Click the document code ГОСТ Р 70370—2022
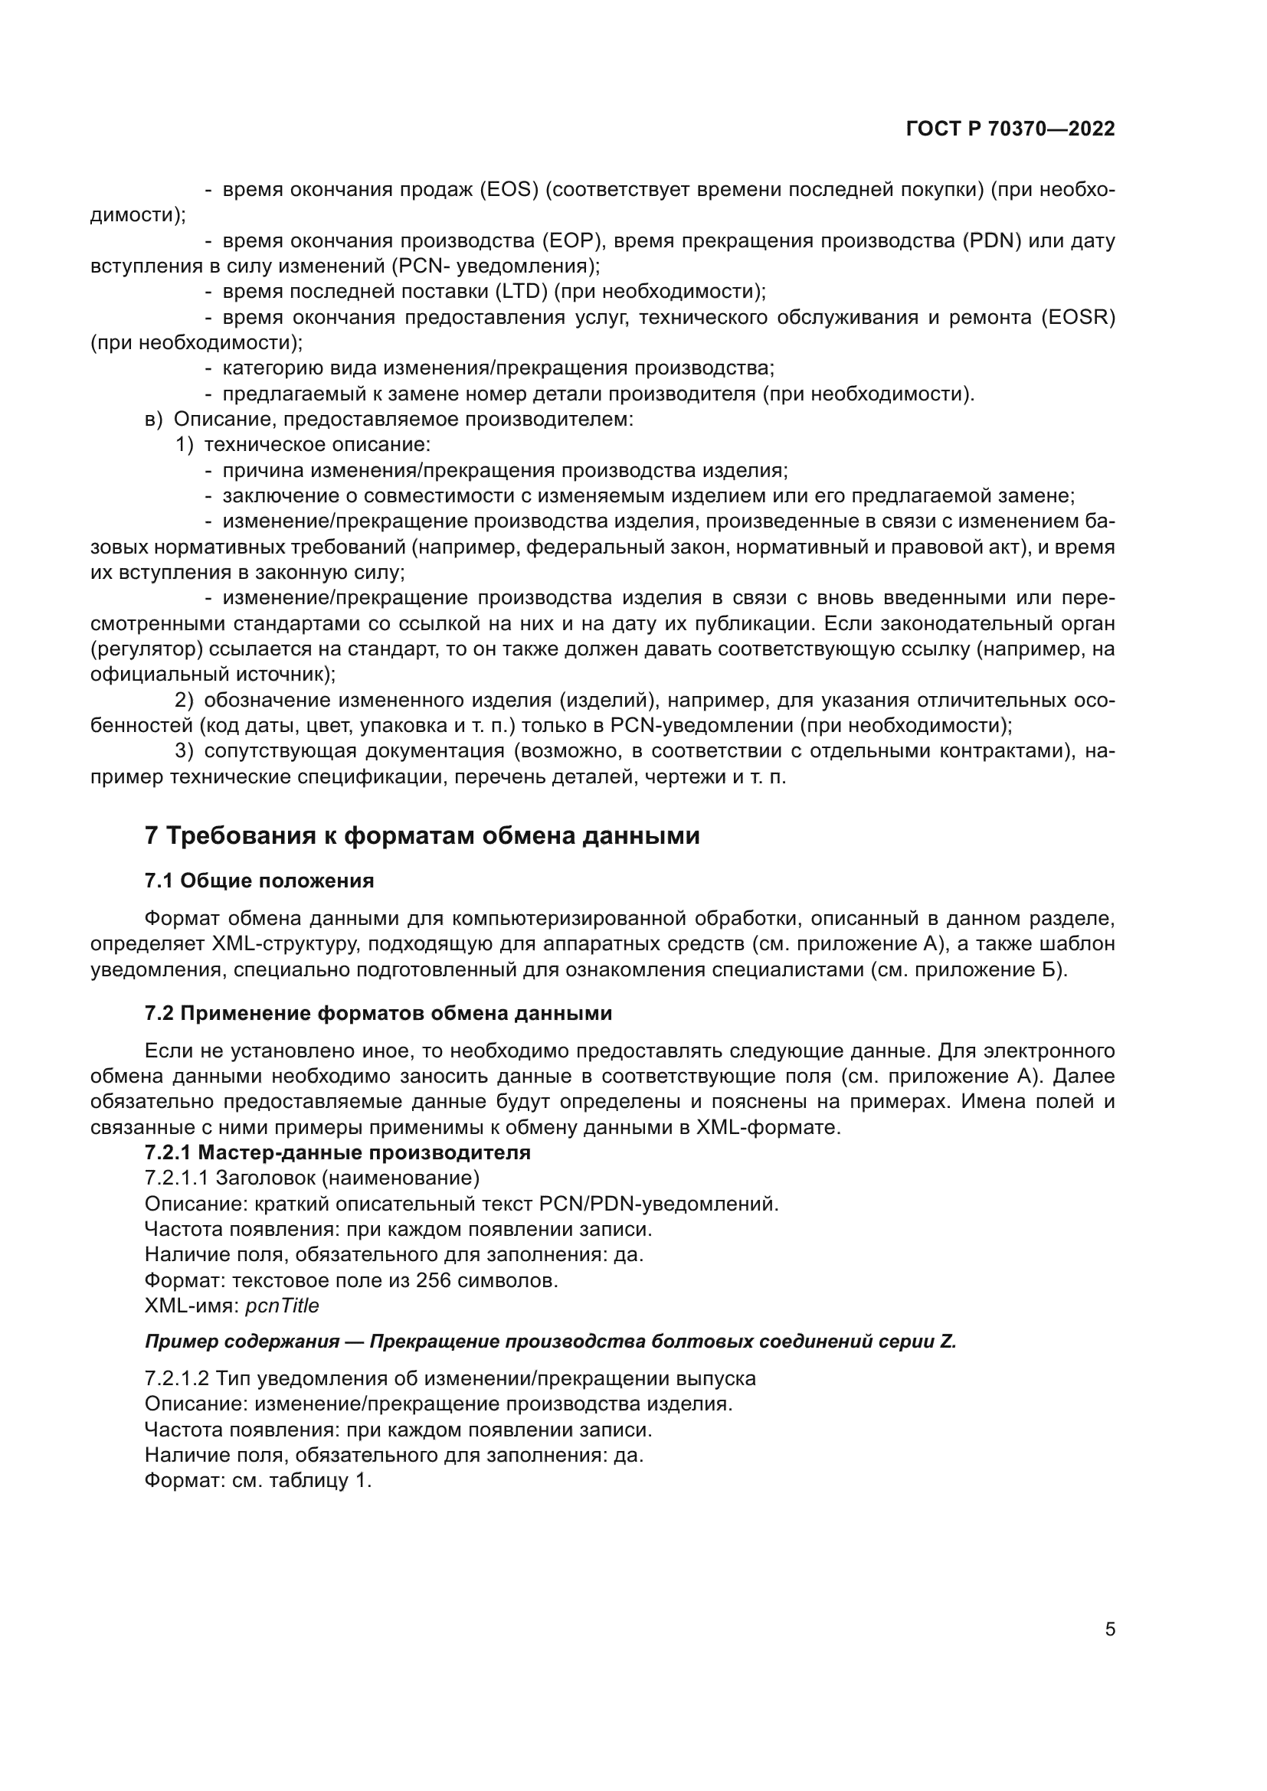click(1010, 129)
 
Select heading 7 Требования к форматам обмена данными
click(422, 835)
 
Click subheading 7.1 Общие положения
click(259, 881)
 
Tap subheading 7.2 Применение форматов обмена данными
click(378, 1013)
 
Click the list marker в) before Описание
click(154, 420)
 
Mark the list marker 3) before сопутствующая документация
click(183, 751)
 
